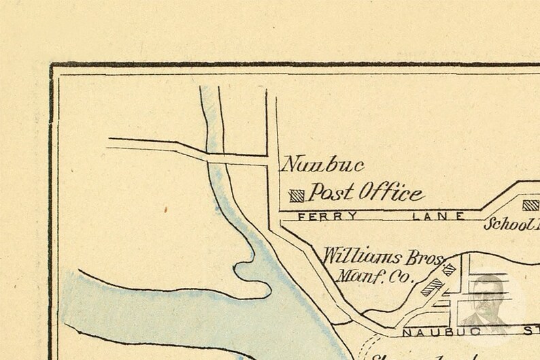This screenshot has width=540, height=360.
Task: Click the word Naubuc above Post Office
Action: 323,165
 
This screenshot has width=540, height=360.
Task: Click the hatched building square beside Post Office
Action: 297,196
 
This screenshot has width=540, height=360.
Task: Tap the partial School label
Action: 511,224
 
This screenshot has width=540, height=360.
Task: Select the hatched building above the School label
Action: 530,205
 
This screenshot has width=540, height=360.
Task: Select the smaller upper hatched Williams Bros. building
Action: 448,269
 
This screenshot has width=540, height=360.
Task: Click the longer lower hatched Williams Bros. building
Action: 431,287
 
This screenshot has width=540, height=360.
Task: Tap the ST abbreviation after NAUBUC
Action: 530,333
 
